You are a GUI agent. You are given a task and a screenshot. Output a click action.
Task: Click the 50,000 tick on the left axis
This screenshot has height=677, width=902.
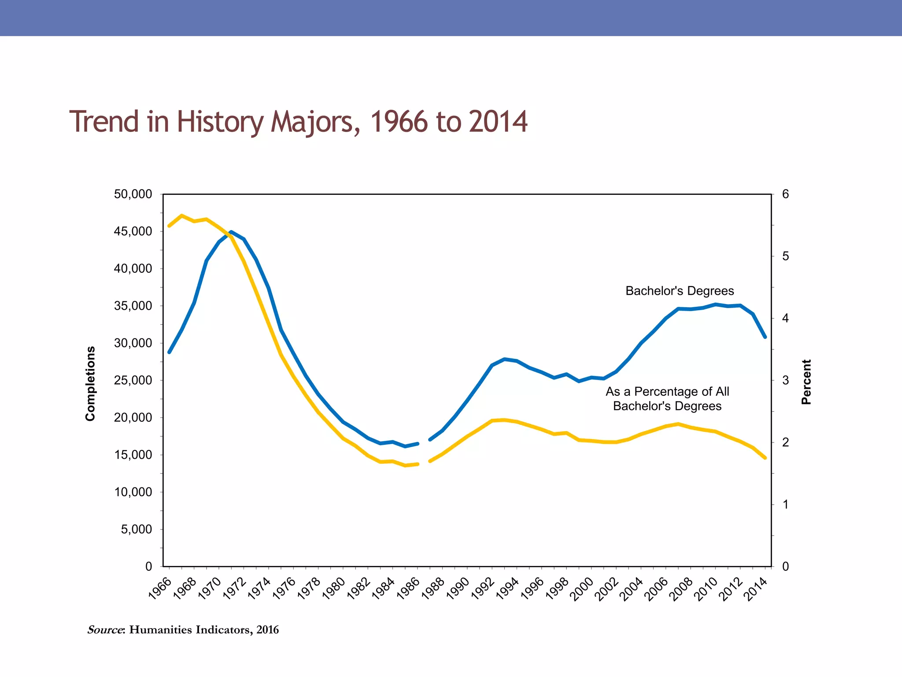click(x=133, y=194)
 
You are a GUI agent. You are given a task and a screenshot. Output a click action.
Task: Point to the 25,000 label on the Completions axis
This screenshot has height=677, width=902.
click(x=133, y=380)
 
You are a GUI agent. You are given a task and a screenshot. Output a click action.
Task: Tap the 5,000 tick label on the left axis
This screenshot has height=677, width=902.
click(x=136, y=529)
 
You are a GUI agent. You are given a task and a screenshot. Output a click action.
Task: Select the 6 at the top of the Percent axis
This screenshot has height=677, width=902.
click(x=786, y=194)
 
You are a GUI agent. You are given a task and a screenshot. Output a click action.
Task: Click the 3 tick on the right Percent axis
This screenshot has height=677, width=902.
click(x=786, y=380)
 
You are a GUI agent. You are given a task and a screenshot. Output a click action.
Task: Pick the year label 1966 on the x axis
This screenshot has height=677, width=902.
click(x=160, y=589)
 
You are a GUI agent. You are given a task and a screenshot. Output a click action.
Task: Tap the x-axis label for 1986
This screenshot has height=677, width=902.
click(x=408, y=589)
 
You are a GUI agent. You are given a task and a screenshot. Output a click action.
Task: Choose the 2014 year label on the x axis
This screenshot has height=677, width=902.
click(x=756, y=589)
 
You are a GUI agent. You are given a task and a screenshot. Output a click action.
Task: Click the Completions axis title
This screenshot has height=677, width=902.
click(x=90, y=383)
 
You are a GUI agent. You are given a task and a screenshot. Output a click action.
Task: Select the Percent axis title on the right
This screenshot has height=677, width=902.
click(x=806, y=382)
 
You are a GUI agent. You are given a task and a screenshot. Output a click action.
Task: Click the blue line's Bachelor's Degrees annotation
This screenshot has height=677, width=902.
click(x=680, y=291)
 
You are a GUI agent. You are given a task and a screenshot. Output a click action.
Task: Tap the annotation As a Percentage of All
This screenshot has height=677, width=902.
click(x=667, y=391)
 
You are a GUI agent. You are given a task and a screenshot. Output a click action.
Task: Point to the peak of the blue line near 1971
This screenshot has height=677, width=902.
click(x=231, y=232)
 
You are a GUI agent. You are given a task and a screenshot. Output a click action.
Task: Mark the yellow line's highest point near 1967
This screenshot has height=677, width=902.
click(x=181, y=216)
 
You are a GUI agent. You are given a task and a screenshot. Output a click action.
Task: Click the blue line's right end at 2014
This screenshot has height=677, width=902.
click(x=765, y=337)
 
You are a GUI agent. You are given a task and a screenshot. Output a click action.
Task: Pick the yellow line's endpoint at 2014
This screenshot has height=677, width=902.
click(x=765, y=458)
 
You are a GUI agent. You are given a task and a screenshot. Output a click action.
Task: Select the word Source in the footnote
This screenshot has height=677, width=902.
click(x=105, y=630)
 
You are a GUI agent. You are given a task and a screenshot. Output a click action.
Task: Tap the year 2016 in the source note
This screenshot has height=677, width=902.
click(x=268, y=630)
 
